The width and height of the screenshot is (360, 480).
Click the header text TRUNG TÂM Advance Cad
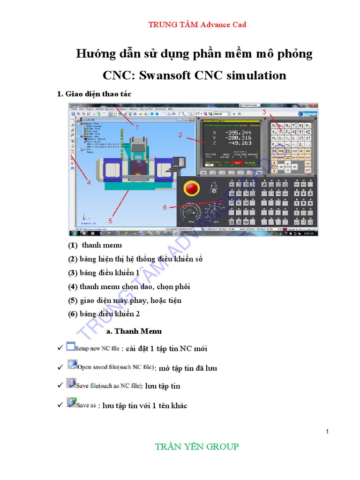coord(197,24)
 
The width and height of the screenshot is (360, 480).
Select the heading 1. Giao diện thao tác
coord(94,94)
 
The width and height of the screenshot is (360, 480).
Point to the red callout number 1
coord(137,127)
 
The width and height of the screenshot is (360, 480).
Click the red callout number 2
coord(180,135)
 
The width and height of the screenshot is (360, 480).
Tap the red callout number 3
coord(264,112)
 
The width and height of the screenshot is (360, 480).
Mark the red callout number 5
coord(111,220)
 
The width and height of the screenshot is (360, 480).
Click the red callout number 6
coord(165,207)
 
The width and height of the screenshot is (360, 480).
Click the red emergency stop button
coord(192,188)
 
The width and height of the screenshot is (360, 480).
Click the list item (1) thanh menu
coord(95,245)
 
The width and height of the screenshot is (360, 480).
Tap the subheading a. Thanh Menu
coord(134,331)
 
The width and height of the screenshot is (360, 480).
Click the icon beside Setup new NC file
coord(70,347)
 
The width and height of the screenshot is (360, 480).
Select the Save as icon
coord(71,403)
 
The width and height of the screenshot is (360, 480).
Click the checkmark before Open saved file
coord(60,367)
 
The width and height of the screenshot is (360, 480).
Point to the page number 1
coord(328,431)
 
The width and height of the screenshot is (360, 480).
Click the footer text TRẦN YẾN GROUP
coord(197,447)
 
